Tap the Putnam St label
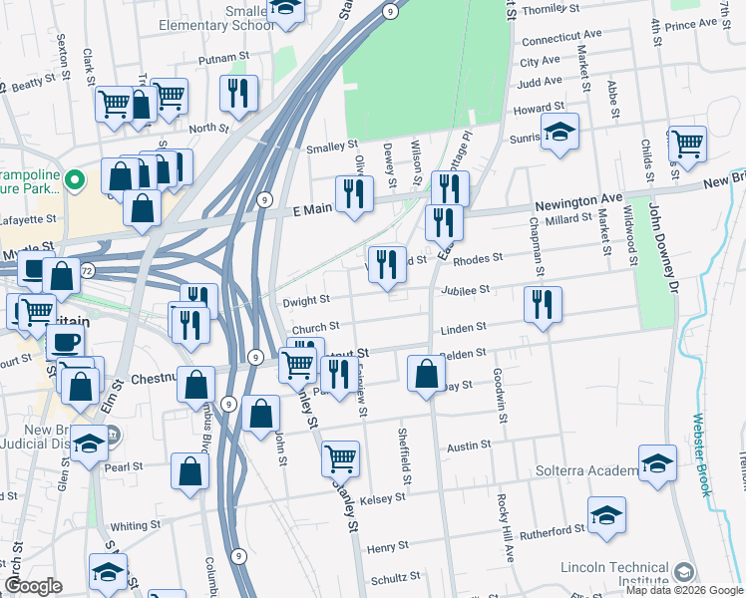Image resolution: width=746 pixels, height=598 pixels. click(221, 60)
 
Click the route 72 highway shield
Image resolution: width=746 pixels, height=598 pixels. click(88, 270)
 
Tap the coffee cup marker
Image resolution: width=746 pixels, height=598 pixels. click(66, 342)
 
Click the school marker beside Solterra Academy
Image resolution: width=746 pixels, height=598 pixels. click(657, 463)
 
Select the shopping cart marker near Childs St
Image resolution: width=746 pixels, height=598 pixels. click(687, 144)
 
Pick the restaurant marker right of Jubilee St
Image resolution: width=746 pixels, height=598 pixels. click(542, 304)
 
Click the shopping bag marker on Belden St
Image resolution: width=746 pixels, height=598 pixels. click(426, 374)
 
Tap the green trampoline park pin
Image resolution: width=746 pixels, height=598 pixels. click(80, 180)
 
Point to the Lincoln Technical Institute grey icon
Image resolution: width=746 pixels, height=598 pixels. click(683, 572)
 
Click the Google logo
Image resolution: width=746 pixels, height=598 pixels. click(34, 586)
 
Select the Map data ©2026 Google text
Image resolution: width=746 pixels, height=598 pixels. click(683, 590)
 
